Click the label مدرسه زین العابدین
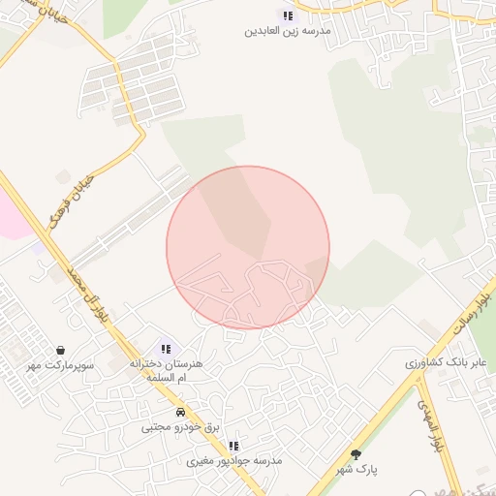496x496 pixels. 288,31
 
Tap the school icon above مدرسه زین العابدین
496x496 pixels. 288,15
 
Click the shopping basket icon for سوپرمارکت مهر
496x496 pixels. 61,350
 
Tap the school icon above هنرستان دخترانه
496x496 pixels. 166,349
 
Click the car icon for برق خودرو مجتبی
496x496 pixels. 180,412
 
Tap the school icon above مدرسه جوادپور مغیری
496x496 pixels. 233,446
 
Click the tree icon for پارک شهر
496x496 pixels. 356,453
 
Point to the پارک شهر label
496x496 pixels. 356,469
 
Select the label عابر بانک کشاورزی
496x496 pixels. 446,362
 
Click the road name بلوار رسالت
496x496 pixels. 474,311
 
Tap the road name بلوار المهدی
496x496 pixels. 432,426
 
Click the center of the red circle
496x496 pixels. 248,248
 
